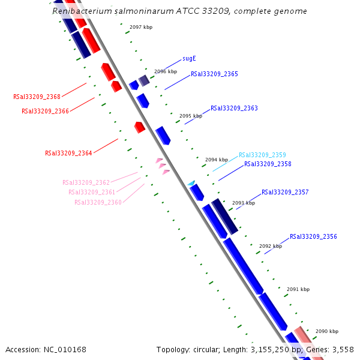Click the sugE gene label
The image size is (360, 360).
click(x=189, y=59)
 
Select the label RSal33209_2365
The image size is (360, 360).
click(x=214, y=74)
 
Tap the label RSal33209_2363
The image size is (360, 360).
click(x=234, y=109)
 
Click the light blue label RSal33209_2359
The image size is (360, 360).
click(x=262, y=155)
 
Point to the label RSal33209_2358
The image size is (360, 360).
click(x=268, y=164)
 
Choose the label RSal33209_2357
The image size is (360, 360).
click(x=285, y=193)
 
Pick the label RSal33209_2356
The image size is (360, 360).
click(x=313, y=237)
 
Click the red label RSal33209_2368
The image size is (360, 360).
click(x=37, y=97)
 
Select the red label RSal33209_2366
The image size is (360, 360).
click(x=45, y=111)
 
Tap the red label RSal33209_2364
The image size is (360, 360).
click(x=68, y=154)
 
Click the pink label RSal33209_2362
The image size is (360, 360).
click(x=86, y=182)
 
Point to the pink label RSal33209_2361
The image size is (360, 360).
click(x=92, y=193)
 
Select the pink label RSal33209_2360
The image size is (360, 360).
click(x=98, y=203)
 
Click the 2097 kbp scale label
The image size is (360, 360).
click(x=141, y=27)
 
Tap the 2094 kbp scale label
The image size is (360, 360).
click(x=217, y=160)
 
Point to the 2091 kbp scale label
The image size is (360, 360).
click(x=298, y=289)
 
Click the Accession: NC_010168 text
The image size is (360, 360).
click(x=46, y=349)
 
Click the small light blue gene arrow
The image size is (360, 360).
click(x=191, y=183)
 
